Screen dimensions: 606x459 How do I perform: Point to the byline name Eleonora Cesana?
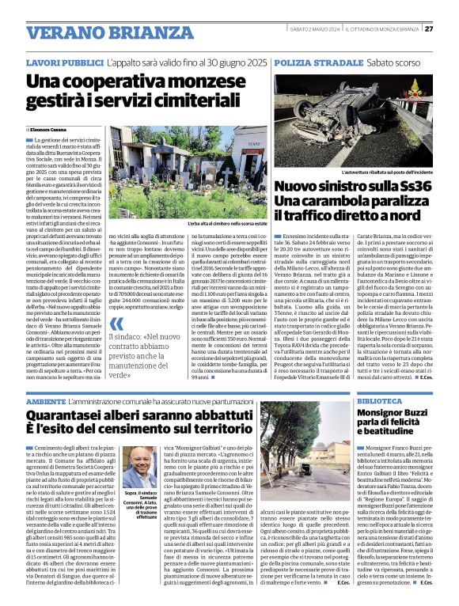[50, 128]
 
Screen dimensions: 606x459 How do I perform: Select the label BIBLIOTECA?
[379, 401]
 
